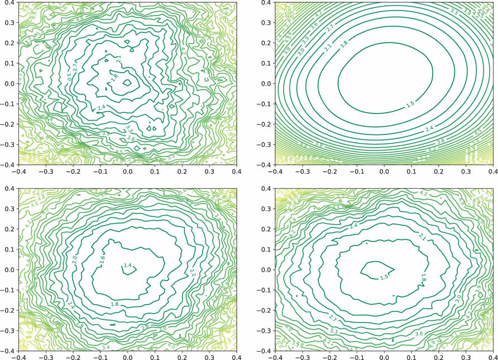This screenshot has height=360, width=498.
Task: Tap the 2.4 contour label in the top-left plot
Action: (101, 107)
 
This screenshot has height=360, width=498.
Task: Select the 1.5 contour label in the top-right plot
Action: (410, 104)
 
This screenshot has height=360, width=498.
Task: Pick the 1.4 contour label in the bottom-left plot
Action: (128, 265)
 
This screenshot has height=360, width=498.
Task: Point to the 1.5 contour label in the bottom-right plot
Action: (384, 277)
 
